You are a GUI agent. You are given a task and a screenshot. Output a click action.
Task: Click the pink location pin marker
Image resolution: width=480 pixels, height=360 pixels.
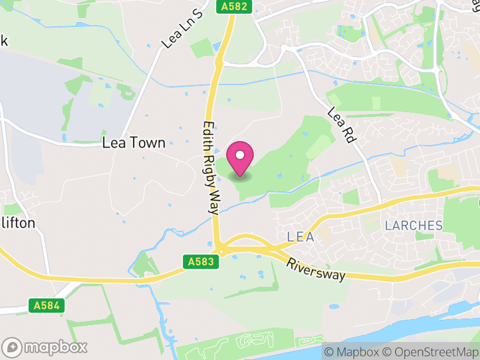(x=240, y=159)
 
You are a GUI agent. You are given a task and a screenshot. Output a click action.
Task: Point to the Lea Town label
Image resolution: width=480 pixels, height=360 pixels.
(x=134, y=143)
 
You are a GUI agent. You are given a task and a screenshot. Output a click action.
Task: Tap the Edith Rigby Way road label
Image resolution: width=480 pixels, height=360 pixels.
(x=210, y=166)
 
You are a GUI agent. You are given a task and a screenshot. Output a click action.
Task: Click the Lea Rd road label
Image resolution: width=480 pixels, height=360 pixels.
(x=342, y=125)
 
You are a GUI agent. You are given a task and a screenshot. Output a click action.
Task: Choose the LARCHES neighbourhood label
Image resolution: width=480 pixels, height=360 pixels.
(x=413, y=226)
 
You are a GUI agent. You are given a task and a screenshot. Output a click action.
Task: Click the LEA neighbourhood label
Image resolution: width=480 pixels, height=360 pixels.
(x=301, y=237)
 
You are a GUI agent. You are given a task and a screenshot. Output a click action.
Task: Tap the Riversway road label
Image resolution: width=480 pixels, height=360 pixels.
(x=316, y=269)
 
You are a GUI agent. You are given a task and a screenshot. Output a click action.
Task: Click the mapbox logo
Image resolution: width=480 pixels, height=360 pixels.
(x=45, y=347)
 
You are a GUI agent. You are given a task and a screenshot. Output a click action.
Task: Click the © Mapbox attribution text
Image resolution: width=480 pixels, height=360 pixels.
(x=353, y=352)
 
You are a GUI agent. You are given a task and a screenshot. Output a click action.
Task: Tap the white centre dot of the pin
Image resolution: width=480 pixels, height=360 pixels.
(x=240, y=155)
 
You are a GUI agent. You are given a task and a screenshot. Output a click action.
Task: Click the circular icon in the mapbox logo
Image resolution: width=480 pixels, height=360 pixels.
(x=12, y=347)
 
